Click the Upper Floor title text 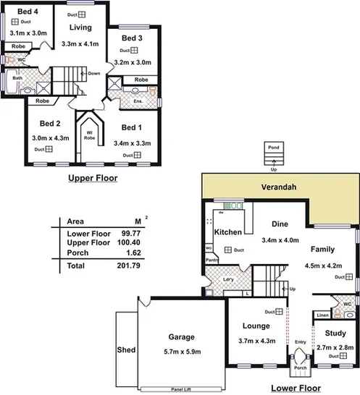tap(92, 177)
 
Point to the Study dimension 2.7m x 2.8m tap(335, 347)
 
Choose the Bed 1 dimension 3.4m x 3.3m tap(132, 143)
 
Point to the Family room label tap(322, 249)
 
